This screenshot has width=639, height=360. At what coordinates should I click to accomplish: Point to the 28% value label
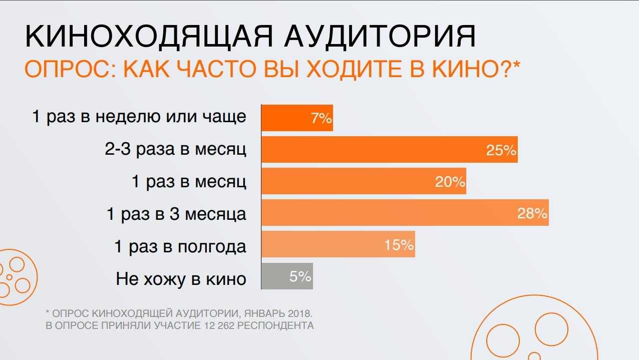(x=532, y=214)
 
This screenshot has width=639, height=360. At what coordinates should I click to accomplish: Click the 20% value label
(x=450, y=182)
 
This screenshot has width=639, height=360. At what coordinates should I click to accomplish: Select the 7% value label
(x=321, y=119)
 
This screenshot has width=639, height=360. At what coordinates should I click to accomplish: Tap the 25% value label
(x=501, y=150)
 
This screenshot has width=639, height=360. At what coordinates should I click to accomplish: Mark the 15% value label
(x=399, y=245)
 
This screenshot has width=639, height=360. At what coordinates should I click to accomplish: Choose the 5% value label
(x=300, y=276)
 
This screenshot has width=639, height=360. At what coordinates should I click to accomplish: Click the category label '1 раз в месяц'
(x=189, y=182)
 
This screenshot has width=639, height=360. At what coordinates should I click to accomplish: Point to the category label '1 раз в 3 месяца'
(x=176, y=214)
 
